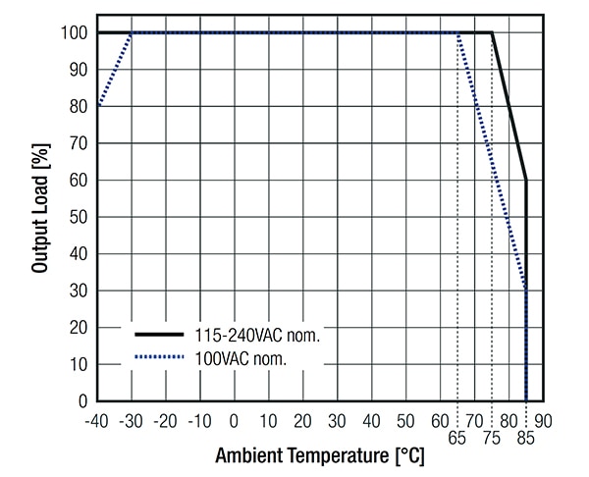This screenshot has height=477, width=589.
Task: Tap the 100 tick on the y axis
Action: point(76,32)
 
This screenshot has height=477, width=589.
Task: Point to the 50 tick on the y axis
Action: point(80,217)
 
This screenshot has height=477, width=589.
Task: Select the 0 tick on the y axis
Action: point(83,401)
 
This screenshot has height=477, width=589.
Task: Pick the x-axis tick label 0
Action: point(234,420)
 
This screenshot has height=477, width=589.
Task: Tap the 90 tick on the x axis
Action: point(543,420)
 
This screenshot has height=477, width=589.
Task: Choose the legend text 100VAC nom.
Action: point(241,359)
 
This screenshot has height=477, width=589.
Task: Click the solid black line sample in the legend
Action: point(159,336)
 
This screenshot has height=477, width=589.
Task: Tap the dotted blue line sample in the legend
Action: point(159,358)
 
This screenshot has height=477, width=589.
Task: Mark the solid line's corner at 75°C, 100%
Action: point(492,32)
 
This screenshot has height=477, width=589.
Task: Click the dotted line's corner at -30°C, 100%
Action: point(132,32)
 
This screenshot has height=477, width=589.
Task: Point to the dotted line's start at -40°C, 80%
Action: point(97,106)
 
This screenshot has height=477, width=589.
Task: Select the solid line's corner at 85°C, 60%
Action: point(526,180)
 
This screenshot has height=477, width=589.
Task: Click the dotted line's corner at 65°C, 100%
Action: point(457,32)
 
